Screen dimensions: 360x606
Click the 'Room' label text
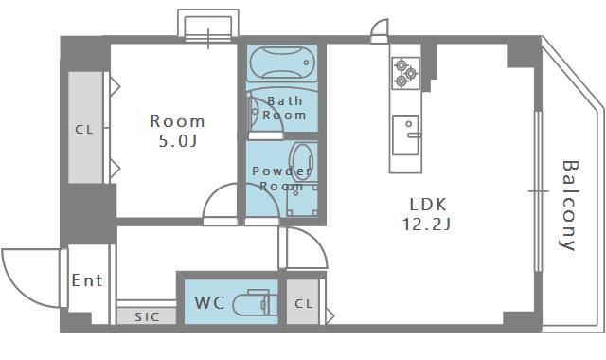[178, 121]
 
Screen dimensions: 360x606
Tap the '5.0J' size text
[178, 141]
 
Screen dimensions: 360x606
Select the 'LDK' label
[427, 204]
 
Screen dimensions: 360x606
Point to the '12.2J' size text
[427, 225]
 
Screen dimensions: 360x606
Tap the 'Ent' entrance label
[87, 280]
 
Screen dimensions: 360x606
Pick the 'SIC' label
[146, 316]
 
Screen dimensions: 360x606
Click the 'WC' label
[208, 303]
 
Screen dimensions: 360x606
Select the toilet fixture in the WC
[254, 303]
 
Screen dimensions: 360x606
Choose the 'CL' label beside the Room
[85, 130]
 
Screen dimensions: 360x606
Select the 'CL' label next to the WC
[302, 303]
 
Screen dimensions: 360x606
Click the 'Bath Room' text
[285, 108]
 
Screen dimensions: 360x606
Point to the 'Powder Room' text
[281, 178]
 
